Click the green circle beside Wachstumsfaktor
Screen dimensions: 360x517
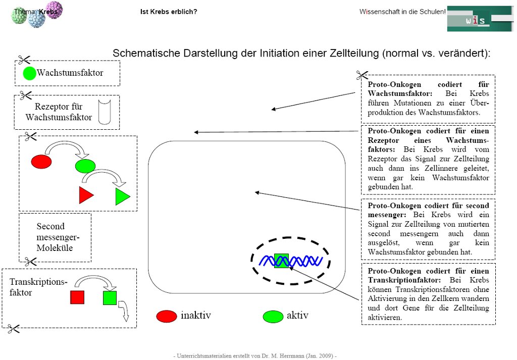29,73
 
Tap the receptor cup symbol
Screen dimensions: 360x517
105,112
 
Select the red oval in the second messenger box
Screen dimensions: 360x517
41,162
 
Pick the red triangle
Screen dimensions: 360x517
85,195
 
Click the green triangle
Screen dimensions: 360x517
122,196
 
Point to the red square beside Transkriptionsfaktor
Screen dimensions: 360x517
77,297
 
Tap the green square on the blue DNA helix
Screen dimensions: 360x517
281,261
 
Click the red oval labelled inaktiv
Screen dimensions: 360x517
166,316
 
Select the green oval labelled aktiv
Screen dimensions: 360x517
273,317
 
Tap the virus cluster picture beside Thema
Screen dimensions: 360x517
36,14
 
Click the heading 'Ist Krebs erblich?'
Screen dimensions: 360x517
169,12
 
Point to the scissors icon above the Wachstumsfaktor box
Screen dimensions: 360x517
24,60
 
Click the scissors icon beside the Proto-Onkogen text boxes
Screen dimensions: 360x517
361,76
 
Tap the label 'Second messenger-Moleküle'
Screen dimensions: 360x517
55,237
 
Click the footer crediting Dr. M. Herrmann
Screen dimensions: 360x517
254,355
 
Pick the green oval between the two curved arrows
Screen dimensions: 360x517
85,166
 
